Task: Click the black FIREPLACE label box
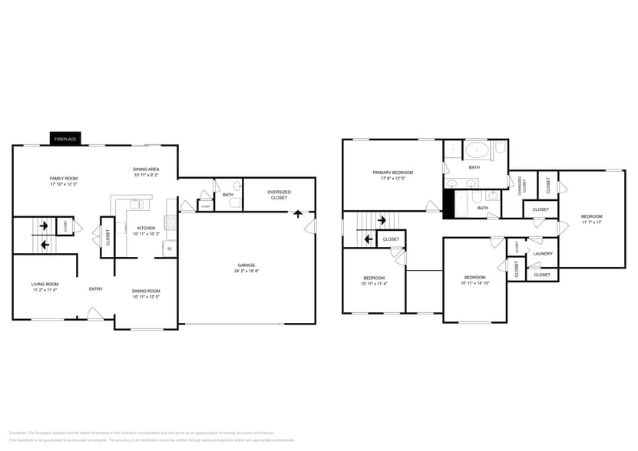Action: pyautogui.click(x=64, y=139)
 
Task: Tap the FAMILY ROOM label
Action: pyautogui.click(x=64, y=178)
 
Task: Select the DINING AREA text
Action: pyautogui.click(x=147, y=169)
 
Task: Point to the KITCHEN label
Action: pyautogui.click(x=147, y=228)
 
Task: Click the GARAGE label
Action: pyautogui.click(x=246, y=265)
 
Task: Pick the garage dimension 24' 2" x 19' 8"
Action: pyautogui.click(x=246, y=272)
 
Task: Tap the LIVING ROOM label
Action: pyautogui.click(x=45, y=284)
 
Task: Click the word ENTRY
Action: pyautogui.click(x=96, y=289)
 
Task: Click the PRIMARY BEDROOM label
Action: pyautogui.click(x=393, y=173)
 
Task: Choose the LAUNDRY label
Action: pyautogui.click(x=543, y=253)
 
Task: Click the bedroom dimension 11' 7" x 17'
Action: pyautogui.click(x=591, y=222)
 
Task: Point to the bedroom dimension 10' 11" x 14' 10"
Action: pyautogui.click(x=474, y=283)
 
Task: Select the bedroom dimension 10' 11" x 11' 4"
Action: pyautogui.click(x=374, y=283)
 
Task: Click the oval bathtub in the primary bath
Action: pyautogui.click(x=474, y=150)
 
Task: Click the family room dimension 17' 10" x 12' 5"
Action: pyautogui.click(x=64, y=184)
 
